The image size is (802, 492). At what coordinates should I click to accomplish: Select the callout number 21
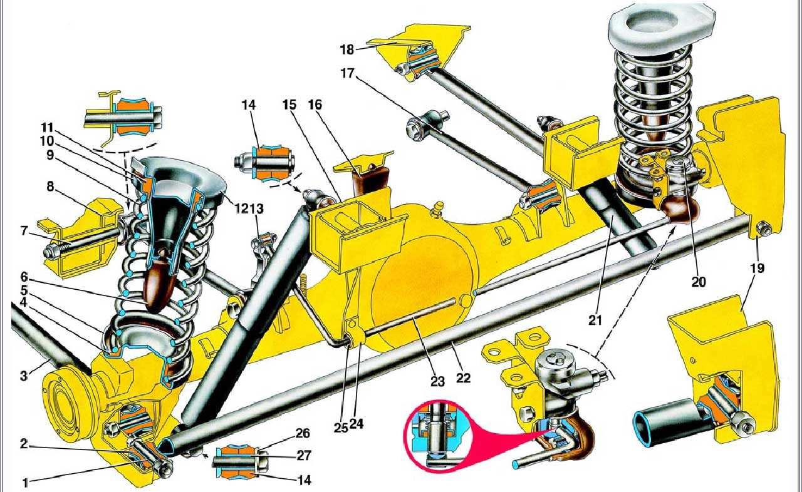(595, 320)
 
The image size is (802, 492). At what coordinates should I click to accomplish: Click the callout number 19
(757, 269)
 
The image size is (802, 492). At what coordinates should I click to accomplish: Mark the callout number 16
(315, 104)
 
